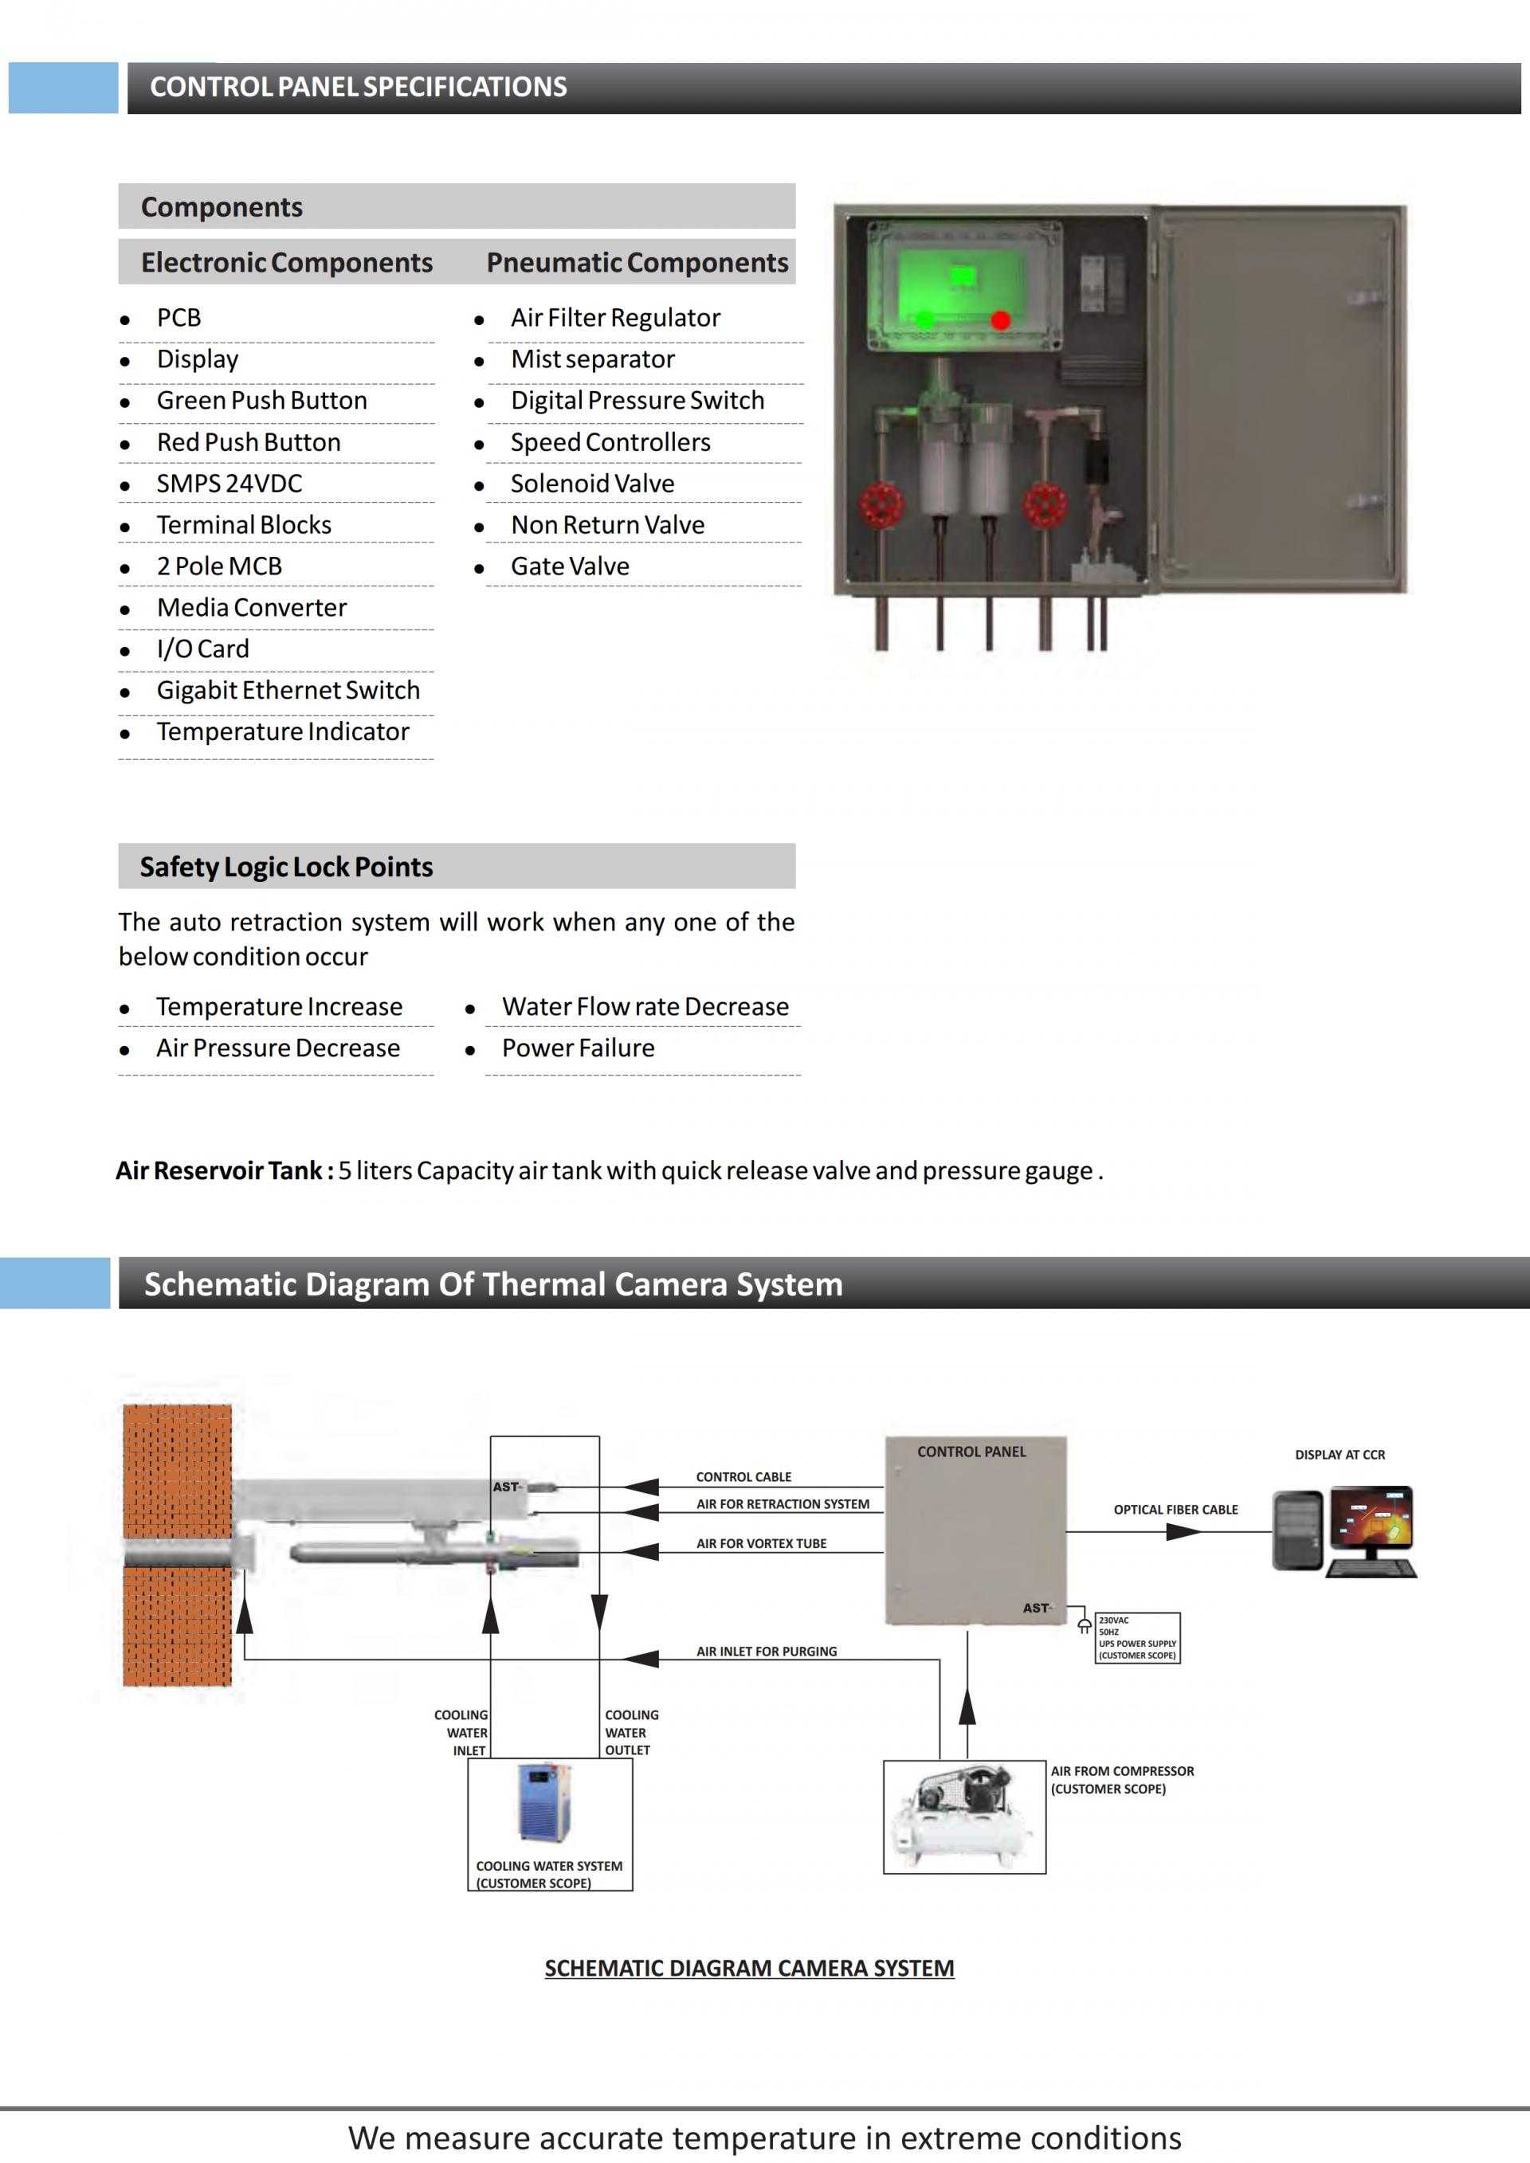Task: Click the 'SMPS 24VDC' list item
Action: [229, 484]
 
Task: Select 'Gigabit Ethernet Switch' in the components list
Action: [288, 690]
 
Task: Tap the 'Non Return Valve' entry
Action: [608, 525]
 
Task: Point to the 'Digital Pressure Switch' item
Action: [637, 401]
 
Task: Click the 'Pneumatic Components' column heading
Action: [637, 262]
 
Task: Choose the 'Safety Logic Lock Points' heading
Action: [286, 867]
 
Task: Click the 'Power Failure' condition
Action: [578, 1048]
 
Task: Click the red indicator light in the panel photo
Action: [1001, 320]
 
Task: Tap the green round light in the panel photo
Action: [924, 320]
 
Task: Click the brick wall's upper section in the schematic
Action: [177, 1470]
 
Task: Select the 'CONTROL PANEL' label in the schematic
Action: [971, 1452]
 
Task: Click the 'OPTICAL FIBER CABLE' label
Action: [1175, 1509]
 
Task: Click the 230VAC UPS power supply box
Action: [1137, 1637]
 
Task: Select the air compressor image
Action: [963, 1816]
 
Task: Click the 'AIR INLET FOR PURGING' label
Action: [766, 1652]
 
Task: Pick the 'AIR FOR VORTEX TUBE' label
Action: [761, 1543]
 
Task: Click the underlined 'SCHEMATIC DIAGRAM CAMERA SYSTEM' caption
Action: [749, 1968]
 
